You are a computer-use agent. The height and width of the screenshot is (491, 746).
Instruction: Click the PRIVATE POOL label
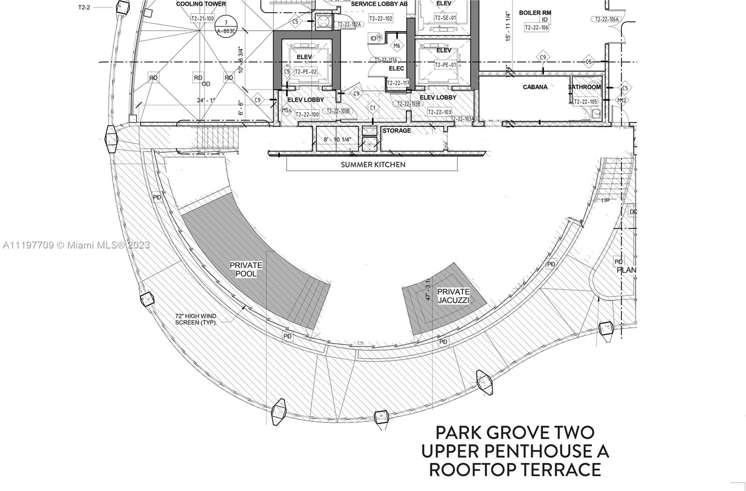click(246, 270)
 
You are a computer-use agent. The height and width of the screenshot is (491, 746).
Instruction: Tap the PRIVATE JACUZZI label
click(453, 296)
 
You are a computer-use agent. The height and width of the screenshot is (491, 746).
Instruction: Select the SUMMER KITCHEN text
click(373, 165)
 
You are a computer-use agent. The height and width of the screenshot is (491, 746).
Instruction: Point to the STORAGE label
click(397, 131)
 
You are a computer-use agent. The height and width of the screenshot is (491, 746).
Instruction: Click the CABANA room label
click(535, 87)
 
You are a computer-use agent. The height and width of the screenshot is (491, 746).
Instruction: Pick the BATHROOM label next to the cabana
click(585, 87)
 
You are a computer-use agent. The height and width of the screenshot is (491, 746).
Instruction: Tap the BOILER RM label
click(535, 13)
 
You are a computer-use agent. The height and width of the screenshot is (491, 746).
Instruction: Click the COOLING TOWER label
click(201, 4)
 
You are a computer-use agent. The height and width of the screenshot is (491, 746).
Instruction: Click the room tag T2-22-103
click(439, 112)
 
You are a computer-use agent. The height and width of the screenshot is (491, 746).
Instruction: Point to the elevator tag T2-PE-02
click(305, 72)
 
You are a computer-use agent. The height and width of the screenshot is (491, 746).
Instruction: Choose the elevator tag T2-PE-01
click(445, 65)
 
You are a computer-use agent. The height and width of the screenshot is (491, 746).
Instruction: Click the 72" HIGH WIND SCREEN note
click(196, 319)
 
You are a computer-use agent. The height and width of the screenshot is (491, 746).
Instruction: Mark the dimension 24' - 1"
click(206, 100)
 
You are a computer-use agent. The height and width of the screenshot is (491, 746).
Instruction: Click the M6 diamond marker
click(397, 46)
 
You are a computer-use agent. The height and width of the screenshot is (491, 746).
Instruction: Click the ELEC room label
click(396, 69)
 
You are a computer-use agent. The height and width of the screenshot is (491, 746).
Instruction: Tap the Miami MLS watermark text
click(77, 245)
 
